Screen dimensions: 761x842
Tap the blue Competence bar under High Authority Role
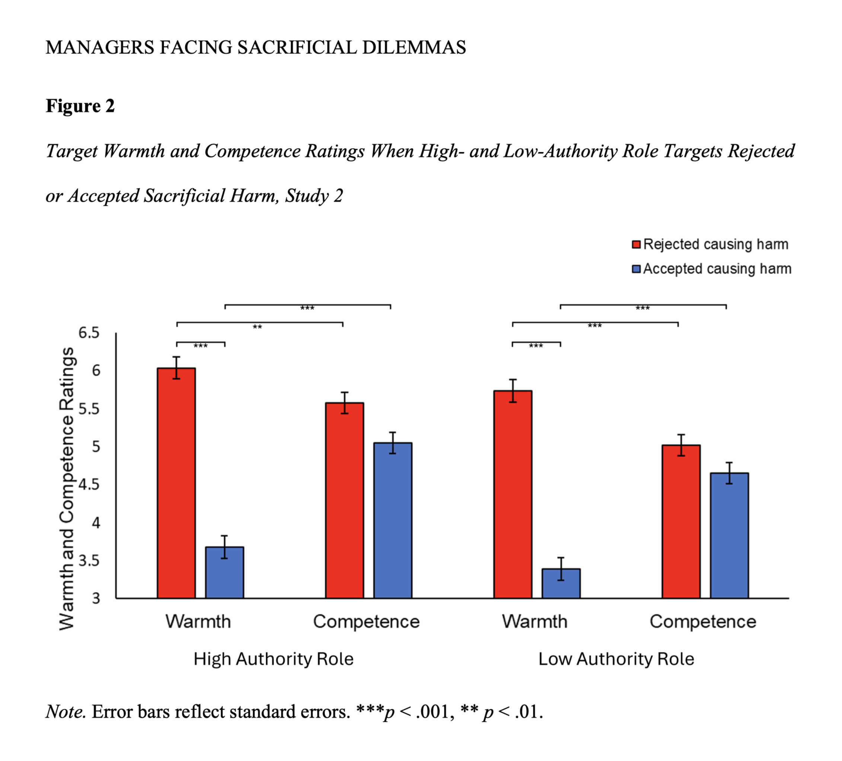pyautogui.click(x=393, y=520)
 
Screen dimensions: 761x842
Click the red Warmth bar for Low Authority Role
pyautogui.click(x=513, y=494)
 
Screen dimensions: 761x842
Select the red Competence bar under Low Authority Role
pyautogui.click(x=681, y=521)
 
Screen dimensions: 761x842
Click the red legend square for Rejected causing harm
pyautogui.click(x=636, y=244)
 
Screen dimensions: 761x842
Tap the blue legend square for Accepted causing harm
pyautogui.click(x=636, y=269)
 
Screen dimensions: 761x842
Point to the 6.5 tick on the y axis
pyautogui.click(x=89, y=333)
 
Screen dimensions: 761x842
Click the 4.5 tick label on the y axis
pyautogui.click(x=89, y=484)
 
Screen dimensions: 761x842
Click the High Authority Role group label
pyautogui.click(x=274, y=659)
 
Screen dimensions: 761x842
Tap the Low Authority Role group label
pyautogui.click(x=616, y=659)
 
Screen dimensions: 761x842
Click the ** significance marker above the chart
pyautogui.click(x=257, y=327)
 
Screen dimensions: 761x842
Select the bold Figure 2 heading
pyautogui.click(x=80, y=106)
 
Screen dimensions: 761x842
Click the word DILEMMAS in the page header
pyautogui.click(x=414, y=48)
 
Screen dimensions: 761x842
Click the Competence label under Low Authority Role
pyautogui.click(x=703, y=622)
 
